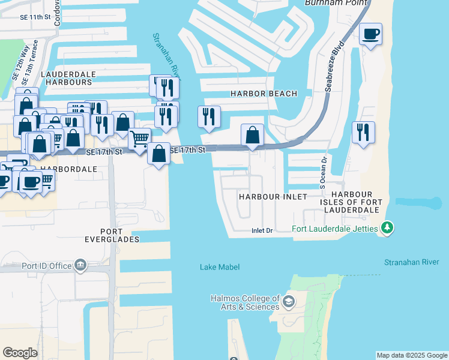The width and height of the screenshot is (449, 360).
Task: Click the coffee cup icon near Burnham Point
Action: pyautogui.click(x=371, y=33)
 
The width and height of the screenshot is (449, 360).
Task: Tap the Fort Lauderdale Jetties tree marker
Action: pyautogui.click(x=388, y=227)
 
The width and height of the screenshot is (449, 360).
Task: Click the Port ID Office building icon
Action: pyautogui.click(x=80, y=265)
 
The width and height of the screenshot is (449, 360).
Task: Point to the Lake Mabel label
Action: pyautogui.click(x=220, y=267)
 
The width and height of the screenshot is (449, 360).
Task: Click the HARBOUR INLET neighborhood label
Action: pyautogui.click(x=273, y=197)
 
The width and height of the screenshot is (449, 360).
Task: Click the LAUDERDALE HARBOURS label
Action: pyautogui.click(x=66, y=77)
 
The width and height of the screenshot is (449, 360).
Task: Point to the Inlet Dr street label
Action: pyautogui.click(x=262, y=230)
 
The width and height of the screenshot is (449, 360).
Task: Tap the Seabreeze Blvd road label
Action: pyautogui.click(x=334, y=66)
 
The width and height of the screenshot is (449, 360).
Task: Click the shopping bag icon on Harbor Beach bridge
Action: pyautogui.click(x=253, y=134)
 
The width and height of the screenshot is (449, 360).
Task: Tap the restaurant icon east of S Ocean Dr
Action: pyautogui.click(x=363, y=132)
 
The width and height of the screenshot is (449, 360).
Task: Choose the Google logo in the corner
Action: pyautogui.click(x=20, y=353)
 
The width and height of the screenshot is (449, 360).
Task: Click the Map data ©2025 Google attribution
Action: pyautogui.click(x=412, y=355)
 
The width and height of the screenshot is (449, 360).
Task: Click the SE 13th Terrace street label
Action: pyautogui.click(x=26, y=62)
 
